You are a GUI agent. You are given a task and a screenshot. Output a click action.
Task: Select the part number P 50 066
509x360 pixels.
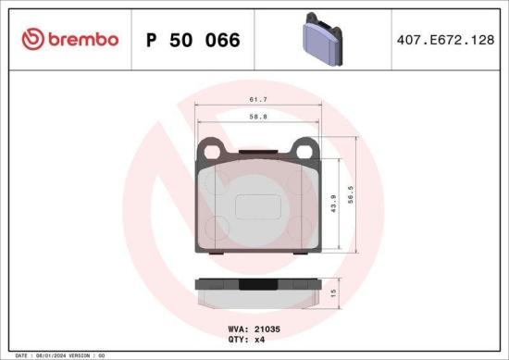click(x=193, y=40)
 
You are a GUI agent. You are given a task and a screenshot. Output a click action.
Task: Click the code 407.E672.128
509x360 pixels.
click(x=444, y=40)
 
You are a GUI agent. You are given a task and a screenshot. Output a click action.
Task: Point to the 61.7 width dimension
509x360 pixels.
click(x=258, y=98)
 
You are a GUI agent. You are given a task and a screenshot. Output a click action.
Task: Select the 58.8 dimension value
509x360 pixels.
click(x=258, y=118)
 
